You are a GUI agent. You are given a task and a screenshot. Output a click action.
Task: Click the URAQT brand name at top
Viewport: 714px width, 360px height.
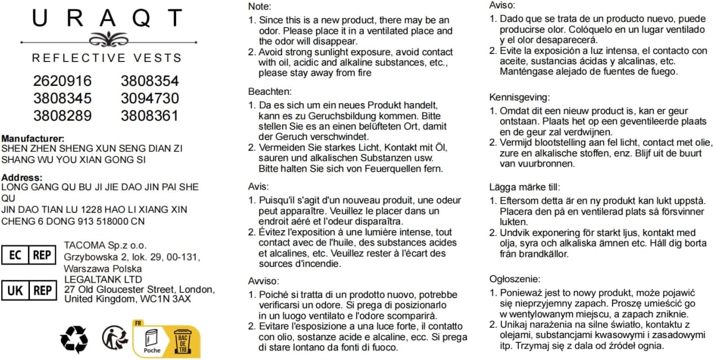pos(107,19)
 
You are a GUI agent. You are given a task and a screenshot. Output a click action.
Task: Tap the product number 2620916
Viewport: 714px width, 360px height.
pos(62,81)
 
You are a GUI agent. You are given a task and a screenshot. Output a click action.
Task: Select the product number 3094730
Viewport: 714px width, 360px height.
pos(149,98)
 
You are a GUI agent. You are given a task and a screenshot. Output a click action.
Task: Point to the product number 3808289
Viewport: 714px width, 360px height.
pos(62,116)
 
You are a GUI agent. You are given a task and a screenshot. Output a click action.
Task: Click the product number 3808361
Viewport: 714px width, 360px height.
pos(149,116)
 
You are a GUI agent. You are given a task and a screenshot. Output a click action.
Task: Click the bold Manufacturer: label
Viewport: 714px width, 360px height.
pos(33,138)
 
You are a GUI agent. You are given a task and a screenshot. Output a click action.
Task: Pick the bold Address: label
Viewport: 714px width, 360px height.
pos(22,177)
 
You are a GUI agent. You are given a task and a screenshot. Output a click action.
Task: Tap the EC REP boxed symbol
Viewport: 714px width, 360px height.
pos(29,255)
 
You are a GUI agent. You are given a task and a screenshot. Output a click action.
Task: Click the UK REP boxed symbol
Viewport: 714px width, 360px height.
pos(29,290)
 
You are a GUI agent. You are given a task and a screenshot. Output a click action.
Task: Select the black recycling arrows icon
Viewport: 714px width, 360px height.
pos(74,340)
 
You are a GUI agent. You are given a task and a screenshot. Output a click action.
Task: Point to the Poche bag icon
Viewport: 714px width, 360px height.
pos(152,340)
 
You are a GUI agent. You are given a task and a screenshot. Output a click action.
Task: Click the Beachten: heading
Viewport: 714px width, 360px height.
pos(270,91)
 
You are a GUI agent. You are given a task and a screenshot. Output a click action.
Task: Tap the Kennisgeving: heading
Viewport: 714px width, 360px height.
pos(519,97)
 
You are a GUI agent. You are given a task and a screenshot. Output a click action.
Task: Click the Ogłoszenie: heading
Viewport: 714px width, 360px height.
pos(514,279)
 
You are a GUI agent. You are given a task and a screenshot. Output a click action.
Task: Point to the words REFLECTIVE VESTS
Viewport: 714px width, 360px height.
pos(107,58)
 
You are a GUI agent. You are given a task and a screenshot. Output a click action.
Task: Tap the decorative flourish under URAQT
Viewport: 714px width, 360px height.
pos(107,39)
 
